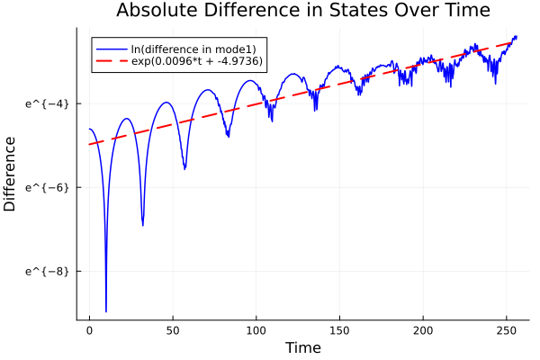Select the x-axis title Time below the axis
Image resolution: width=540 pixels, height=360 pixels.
click(302, 347)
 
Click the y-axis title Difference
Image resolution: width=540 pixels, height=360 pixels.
click(11, 174)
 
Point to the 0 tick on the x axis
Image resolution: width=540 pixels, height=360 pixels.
click(89, 332)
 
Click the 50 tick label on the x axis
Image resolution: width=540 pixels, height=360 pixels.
click(173, 332)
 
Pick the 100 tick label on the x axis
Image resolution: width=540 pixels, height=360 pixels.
click(256, 332)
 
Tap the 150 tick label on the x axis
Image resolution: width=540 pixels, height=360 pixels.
click(339, 332)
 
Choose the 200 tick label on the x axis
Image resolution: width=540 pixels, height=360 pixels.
click(423, 332)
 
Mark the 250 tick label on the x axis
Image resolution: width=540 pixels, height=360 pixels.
click(507, 332)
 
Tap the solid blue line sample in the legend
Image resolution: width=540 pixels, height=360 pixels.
click(112, 49)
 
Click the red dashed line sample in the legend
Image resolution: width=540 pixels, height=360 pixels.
click(112, 63)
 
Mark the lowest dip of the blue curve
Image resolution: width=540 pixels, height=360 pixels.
click(106, 310)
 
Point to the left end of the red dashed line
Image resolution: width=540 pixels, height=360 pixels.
click(89, 144)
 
